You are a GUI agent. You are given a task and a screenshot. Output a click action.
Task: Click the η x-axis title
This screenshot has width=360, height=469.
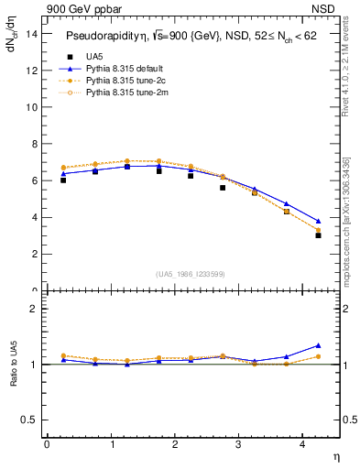tap(335, 455)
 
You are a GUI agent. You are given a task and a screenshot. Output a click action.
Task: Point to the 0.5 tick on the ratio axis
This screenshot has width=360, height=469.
tap(30, 420)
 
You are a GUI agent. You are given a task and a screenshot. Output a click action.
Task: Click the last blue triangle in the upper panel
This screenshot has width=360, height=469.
tap(318, 221)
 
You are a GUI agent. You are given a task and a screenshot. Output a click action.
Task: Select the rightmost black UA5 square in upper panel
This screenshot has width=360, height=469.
tap(318, 235)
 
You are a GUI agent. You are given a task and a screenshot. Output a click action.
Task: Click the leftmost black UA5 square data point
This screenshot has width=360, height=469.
tap(63, 180)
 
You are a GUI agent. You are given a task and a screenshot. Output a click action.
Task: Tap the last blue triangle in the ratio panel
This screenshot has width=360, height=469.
tap(318, 345)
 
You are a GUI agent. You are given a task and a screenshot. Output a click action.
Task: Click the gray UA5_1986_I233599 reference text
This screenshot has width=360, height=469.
tap(190, 275)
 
